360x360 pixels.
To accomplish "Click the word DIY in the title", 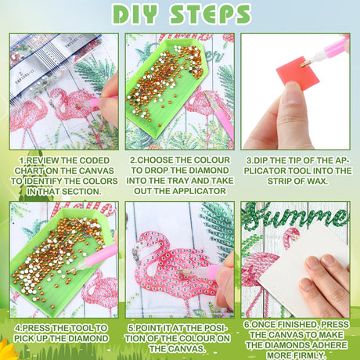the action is pyautogui.click(x=135, y=14).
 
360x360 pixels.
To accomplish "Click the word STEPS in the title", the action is pyautogui.click(x=210, y=14).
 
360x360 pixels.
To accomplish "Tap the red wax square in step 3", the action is pyautogui.click(x=297, y=74).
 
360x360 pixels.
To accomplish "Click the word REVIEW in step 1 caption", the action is pyautogui.click(x=42, y=160).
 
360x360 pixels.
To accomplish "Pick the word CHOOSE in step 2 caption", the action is pyautogui.click(x=155, y=160).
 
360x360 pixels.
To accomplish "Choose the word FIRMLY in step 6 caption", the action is pyautogui.click(x=309, y=355).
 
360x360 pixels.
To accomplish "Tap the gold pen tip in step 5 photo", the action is pyautogui.click(x=185, y=272).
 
